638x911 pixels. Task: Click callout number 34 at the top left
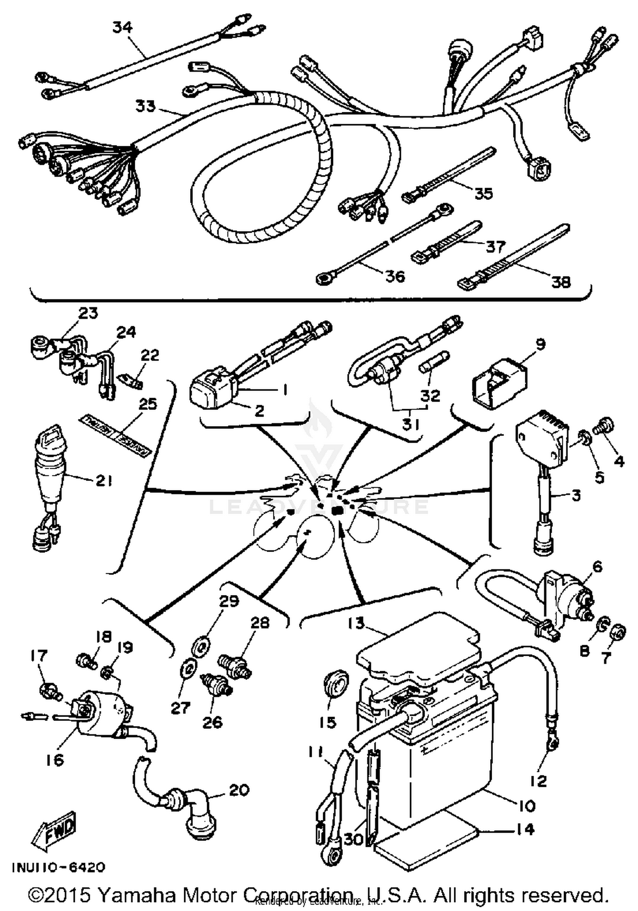click(122, 27)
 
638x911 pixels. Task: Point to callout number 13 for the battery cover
click(356, 623)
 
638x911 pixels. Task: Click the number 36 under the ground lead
click(395, 276)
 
